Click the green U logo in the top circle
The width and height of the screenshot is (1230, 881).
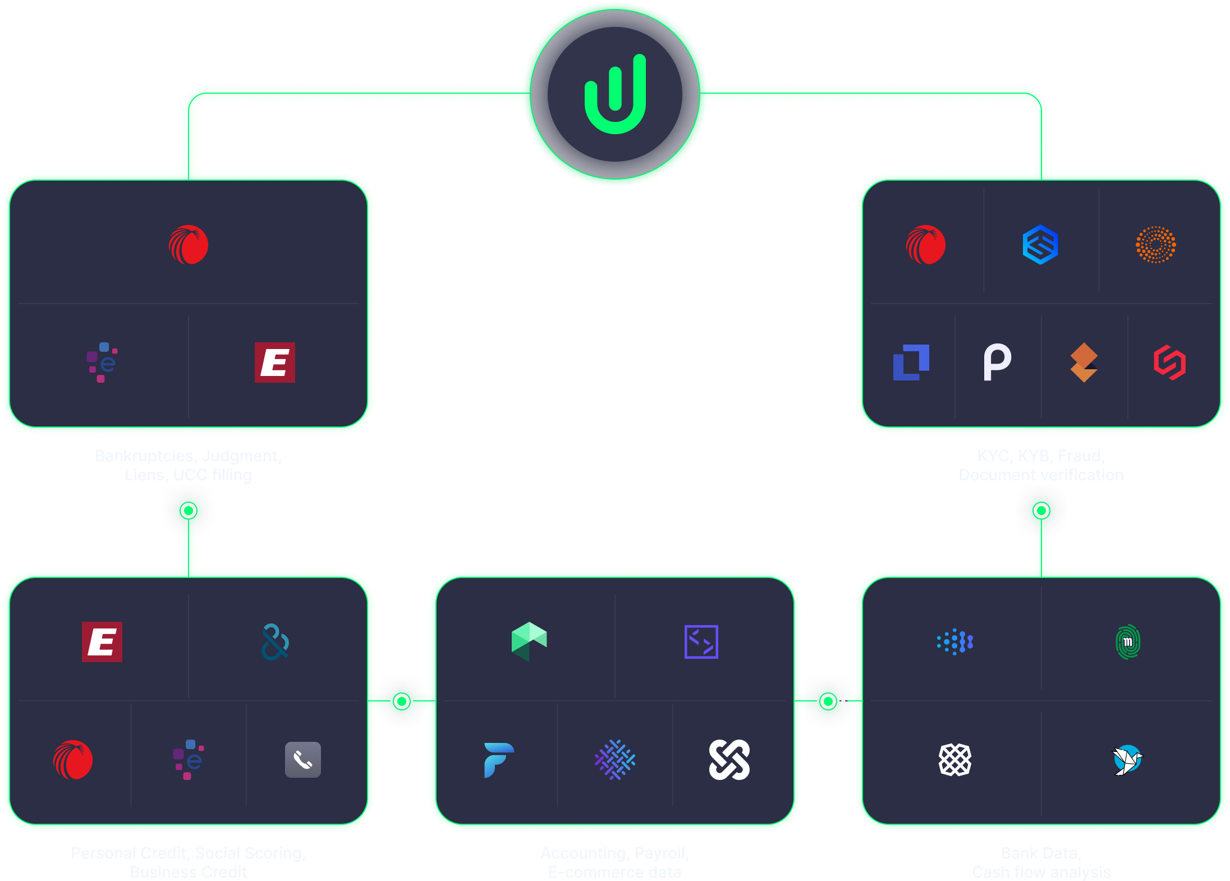(x=615, y=94)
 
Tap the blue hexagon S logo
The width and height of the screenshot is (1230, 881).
(x=1040, y=245)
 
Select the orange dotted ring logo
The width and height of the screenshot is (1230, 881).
(x=1155, y=245)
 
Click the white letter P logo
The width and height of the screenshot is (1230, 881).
(x=997, y=363)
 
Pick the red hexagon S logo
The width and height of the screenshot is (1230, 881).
(x=1169, y=363)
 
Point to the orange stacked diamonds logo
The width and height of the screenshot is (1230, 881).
(x=1084, y=363)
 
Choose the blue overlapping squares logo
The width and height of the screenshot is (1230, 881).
(x=911, y=363)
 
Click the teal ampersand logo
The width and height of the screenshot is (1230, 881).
(x=275, y=641)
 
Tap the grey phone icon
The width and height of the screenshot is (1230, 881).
(x=303, y=760)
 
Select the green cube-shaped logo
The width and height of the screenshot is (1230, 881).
(x=529, y=641)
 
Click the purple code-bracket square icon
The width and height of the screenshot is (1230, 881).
(x=701, y=641)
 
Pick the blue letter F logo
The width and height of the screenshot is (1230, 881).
(x=498, y=760)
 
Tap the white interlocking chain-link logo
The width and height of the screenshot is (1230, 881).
(x=729, y=760)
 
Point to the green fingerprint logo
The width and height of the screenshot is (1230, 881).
(x=1128, y=641)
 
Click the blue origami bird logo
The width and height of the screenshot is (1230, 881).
(x=1127, y=760)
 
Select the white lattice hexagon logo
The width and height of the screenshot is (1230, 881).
(x=954, y=760)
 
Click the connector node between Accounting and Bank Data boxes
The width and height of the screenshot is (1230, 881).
(x=828, y=701)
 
